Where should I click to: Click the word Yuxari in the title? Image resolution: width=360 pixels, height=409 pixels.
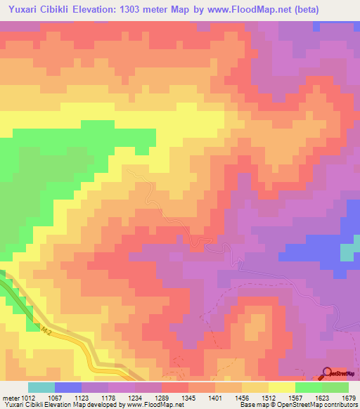(x=25, y=10)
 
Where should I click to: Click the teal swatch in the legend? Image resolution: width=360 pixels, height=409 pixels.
(x=41, y=387)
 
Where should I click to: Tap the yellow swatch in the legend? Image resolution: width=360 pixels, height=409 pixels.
(x=281, y=387)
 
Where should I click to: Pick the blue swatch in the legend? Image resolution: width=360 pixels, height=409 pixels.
(x=67, y=387)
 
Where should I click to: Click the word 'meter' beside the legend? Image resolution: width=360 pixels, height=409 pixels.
(x=11, y=397)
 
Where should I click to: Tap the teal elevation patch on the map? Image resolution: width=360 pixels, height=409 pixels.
(x=349, y=252)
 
